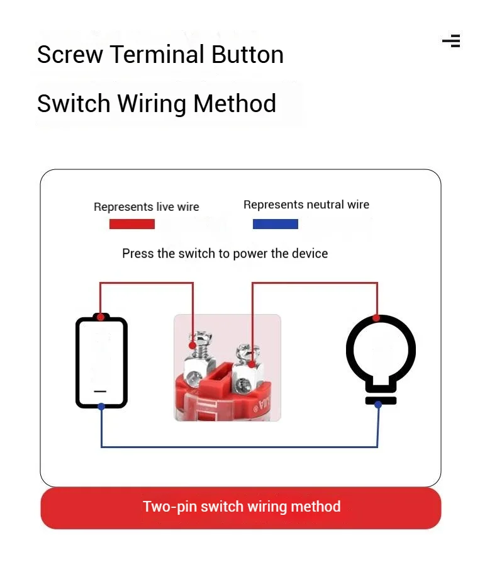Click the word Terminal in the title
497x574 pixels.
pos(157,55)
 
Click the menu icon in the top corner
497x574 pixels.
pos(452,41)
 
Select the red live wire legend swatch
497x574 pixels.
pos(132,224)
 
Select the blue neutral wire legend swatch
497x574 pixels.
pos(276,224)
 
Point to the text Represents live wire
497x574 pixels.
pos(147,207)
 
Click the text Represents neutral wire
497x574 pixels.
pos(306,205)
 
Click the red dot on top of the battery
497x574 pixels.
pos(101,317)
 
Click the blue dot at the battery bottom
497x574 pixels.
pos(101,407)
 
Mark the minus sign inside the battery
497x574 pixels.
pos(100,391)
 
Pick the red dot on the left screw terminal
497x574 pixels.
pos(193,345)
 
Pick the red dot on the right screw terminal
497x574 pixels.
pos(252,364)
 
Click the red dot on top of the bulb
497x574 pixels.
pos(376,318)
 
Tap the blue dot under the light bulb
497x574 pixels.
pos(378,405)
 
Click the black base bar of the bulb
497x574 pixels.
pos(381,400)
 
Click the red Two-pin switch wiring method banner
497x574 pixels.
pos(241,508)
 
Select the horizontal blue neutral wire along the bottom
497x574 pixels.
pos(239,447)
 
